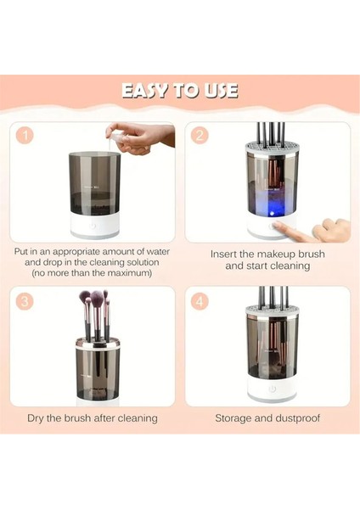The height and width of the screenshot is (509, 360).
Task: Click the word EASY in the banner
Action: (146, 91)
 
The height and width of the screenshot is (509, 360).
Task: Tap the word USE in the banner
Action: (222, 91)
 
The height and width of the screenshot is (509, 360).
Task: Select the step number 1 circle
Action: (25, 135)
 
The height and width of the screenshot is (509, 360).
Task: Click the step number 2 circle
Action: (200, 135)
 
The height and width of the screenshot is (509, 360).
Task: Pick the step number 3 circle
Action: (25, 301)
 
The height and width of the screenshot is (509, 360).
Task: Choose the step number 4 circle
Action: (200, 301)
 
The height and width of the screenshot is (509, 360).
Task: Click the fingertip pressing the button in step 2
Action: (276, 224)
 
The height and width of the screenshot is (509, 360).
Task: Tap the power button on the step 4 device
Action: (273, 389)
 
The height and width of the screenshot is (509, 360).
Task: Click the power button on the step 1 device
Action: (93, 226)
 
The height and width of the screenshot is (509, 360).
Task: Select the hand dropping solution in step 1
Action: (140, 138)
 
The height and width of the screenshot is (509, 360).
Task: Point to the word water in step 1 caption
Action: (158, 252)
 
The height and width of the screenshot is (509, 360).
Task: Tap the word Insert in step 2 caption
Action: (224, 254)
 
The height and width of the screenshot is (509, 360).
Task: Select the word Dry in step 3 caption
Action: (36, 417)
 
